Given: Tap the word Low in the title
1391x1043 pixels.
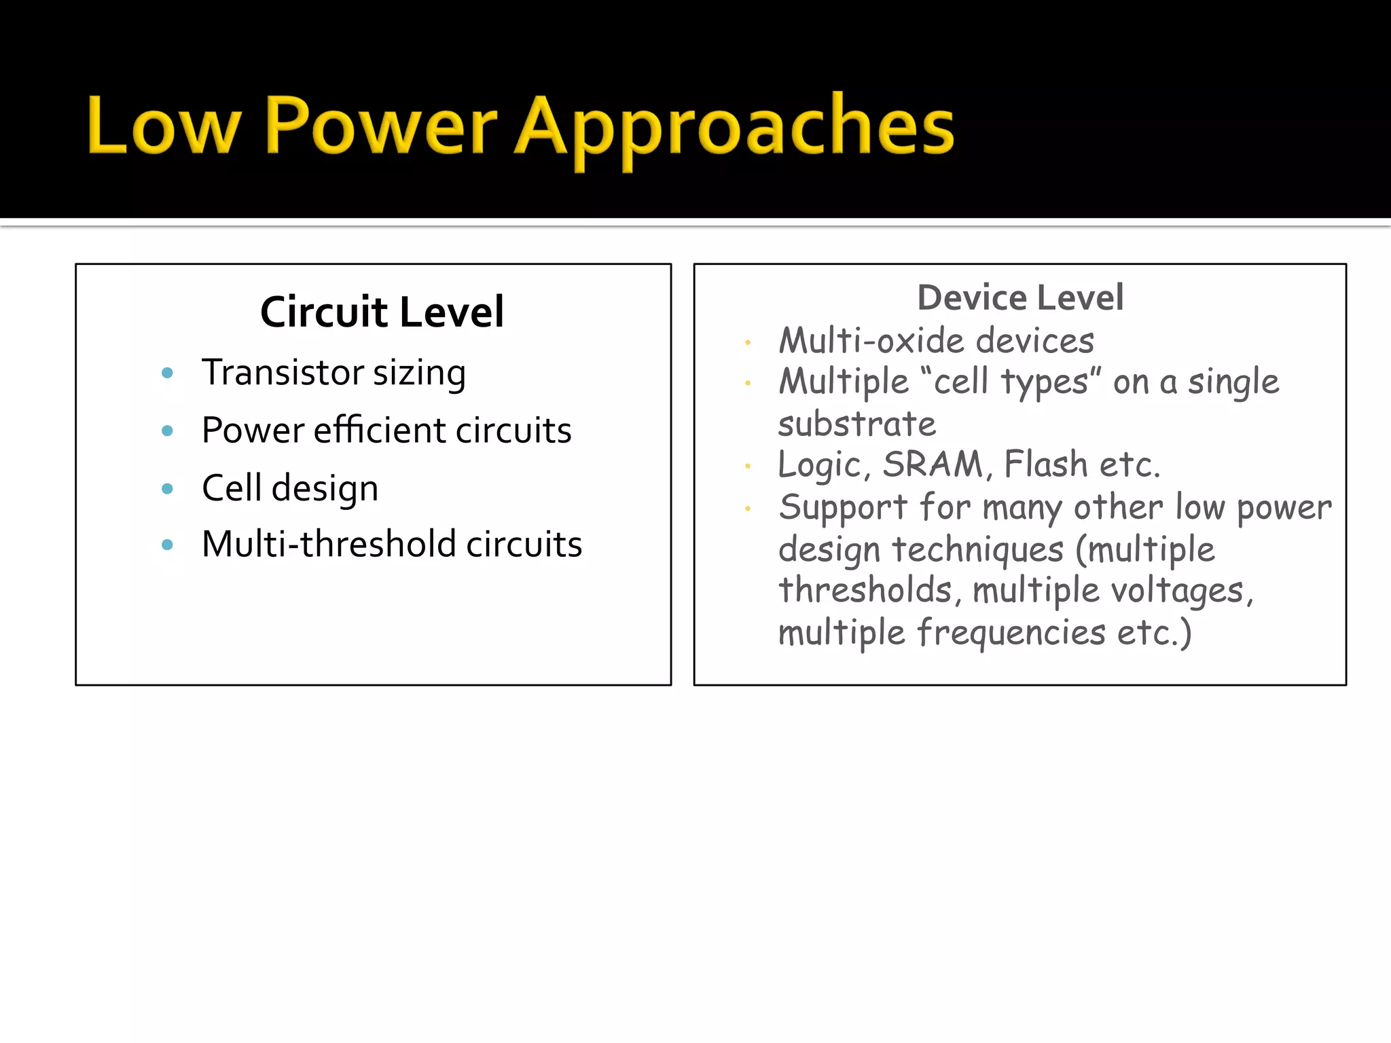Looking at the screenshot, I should click(x=163, y=126).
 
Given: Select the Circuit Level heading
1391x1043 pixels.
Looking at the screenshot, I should click(x=382, y=312).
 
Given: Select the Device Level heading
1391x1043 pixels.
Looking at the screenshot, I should click(x=1020, y=297).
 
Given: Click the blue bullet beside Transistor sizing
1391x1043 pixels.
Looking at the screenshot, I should click(x=168, y=373).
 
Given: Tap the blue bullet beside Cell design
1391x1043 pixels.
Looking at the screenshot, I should click(x=168, y=489).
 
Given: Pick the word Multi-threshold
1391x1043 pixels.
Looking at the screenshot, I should click(x=329, y=544).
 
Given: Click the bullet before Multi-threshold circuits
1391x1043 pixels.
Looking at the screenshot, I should click(x=168, y=545).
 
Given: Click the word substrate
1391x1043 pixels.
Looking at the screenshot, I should click(x=856, y=424).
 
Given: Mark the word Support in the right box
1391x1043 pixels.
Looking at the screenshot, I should click(x=843, y=508).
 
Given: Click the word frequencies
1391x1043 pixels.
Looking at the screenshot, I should click(x=1011, y=633).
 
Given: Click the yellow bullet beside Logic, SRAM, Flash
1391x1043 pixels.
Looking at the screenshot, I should click(x=748, y=466).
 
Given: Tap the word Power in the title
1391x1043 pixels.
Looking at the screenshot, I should click(x=380, y=126).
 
